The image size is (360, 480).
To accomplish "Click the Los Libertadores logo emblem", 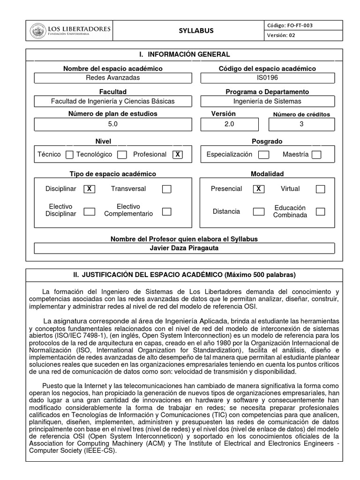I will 38,31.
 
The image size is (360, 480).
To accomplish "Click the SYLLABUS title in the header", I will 196,31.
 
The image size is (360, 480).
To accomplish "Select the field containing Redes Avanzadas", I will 113,78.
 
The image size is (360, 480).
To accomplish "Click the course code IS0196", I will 267,78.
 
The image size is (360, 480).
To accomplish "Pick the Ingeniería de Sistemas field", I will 267,101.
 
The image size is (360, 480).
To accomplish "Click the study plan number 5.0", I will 113,124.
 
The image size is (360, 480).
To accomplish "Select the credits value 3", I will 301,124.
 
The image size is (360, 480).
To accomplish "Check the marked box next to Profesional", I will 177,155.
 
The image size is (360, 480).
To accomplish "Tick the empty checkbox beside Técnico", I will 69,155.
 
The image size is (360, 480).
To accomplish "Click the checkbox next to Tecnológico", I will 122,155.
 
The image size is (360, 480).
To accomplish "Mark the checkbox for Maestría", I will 316,155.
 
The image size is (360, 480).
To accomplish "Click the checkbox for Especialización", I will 264,155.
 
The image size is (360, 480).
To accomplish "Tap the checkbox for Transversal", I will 166,189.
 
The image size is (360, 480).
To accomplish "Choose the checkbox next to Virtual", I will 320,189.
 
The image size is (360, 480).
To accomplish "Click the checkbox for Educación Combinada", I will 320,211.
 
